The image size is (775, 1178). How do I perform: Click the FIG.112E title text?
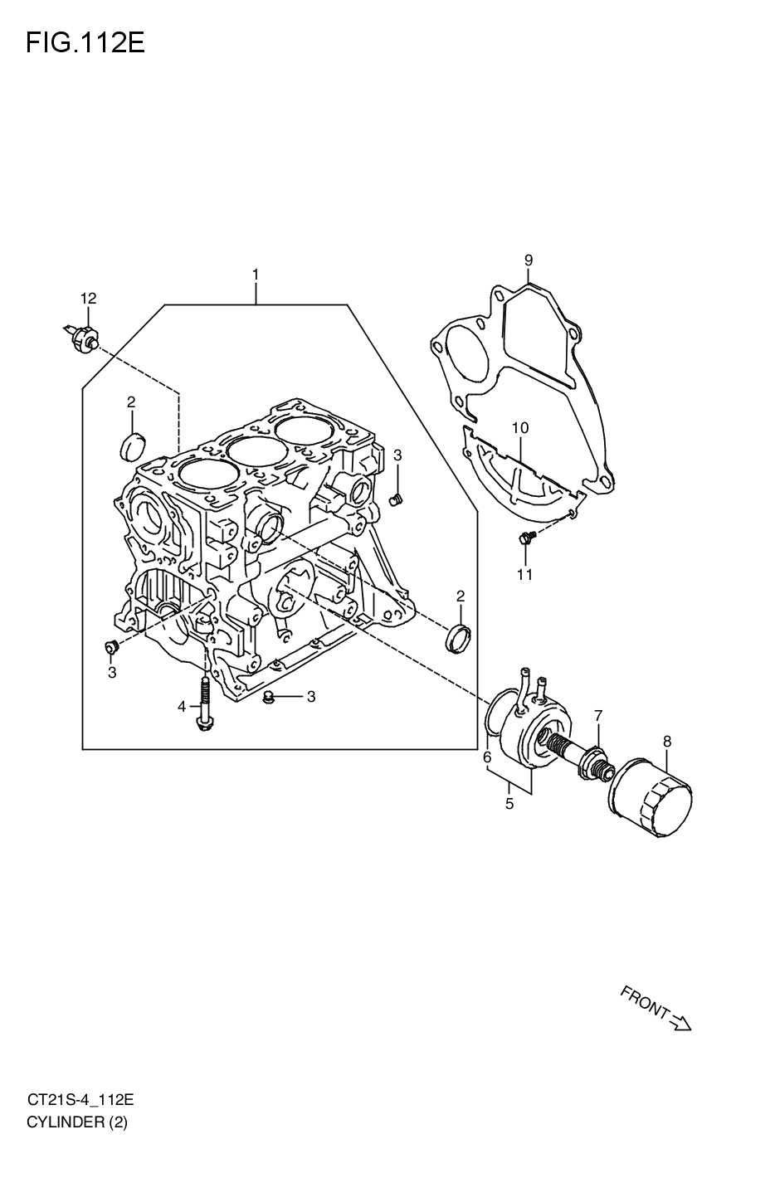pyautogui.click(x=85, y=42)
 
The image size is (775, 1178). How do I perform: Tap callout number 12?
pyautogui.click(x=89, y=298)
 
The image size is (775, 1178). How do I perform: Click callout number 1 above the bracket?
pyautogui.click(x=256, y=274)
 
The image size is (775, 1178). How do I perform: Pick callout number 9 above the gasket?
pyautogui.click(x=528, y=260)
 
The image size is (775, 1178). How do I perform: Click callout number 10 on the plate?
pyautogui.click(x=519, y=428)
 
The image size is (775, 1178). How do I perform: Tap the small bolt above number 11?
pyautogui.click(x=526, y=540)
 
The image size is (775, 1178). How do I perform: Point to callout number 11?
pyautogui.click(x=524, y=574)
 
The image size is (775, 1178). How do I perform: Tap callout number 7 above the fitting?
pyautogui.click(x=597, y=714)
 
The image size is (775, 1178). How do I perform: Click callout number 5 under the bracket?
pyautogui.click(x=509, y=803)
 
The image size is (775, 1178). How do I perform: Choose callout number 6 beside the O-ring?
pyautogui.click(x=487, y=757)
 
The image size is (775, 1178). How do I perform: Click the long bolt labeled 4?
pyautogui.click(x=203, y=705)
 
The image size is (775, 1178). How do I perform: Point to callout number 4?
pyautogui.click(x=181, y=707)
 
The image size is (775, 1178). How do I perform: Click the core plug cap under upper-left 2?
pyautogui.click(x=132, y=445)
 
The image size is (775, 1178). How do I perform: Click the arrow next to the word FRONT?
pyautogui.click(x=680, y=1025)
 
